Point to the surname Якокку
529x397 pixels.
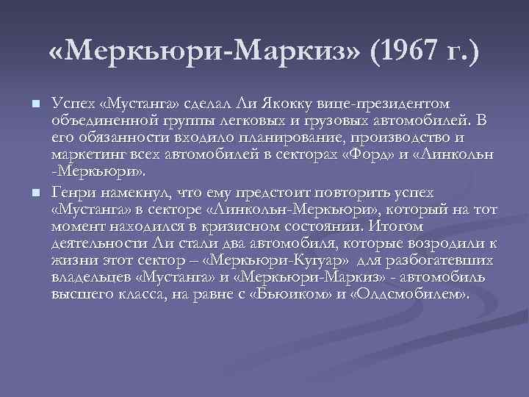289,103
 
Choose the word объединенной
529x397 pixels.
95,121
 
